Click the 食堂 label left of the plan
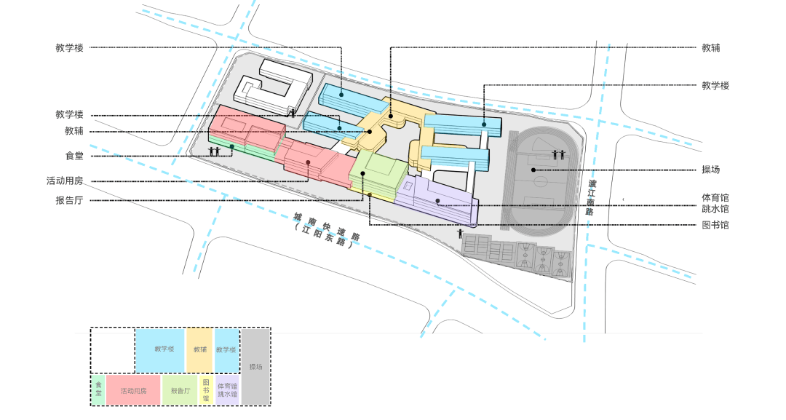[x=74, y=156]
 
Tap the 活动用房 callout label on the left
[x=65, y=181]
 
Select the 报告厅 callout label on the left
[x=69, y=200]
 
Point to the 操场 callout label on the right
[x=711, y=170]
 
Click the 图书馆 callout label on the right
[x=715, y=225]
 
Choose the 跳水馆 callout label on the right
[x=715, y=209]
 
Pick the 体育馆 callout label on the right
[x=715, y=198]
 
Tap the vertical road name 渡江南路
[x=591, y=197]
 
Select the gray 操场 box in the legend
[x=255, y=366]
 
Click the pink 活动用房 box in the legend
[x=133, y=390]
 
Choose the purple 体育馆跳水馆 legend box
[x=227, y=390]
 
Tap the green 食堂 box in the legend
[x=98, y=390]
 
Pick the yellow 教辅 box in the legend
[x=200, y=350]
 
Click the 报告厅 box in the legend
[x=180, y=390]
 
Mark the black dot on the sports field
[x=533, y=170]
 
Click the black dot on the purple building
[x=437, y=201]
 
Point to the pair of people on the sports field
[x=559, y=154]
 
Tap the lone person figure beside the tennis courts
[x=460, y=234]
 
